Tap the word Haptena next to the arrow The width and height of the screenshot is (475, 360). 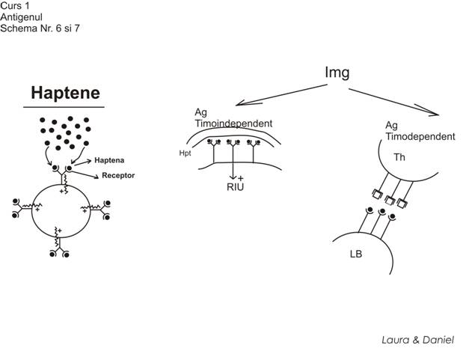pyautogui.click(x=108, y=160)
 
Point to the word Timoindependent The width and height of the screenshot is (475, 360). pyautogui.click(x=233, y=123)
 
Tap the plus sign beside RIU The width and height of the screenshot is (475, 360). pyautogui.click(x=240, y=178)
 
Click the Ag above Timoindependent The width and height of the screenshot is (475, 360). pyautogui.click(x=200, y=113)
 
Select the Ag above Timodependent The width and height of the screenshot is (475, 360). pyautogui.click(x=391, y=126)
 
